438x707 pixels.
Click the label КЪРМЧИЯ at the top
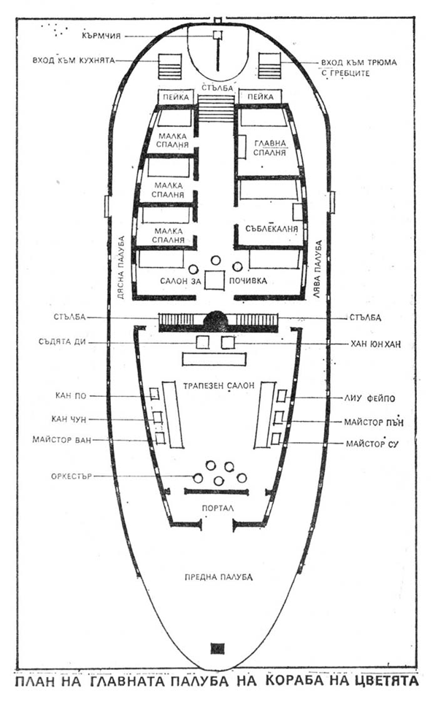click(101, 36)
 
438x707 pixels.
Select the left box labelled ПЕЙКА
click(175, 96)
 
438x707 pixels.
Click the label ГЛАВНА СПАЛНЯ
click(269, 148)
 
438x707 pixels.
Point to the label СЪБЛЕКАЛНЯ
click(272, 228)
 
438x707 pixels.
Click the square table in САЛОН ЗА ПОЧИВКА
click(215, 280)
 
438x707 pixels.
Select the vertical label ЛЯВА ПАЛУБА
click(318, 271)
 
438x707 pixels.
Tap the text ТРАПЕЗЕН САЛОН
click(219, 385)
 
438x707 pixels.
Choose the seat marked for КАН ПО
click(154, 394)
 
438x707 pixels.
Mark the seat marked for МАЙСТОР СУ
click(276, 439)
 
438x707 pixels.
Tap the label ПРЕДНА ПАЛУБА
click(219, 577)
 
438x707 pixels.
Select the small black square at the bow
click(218, 649)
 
